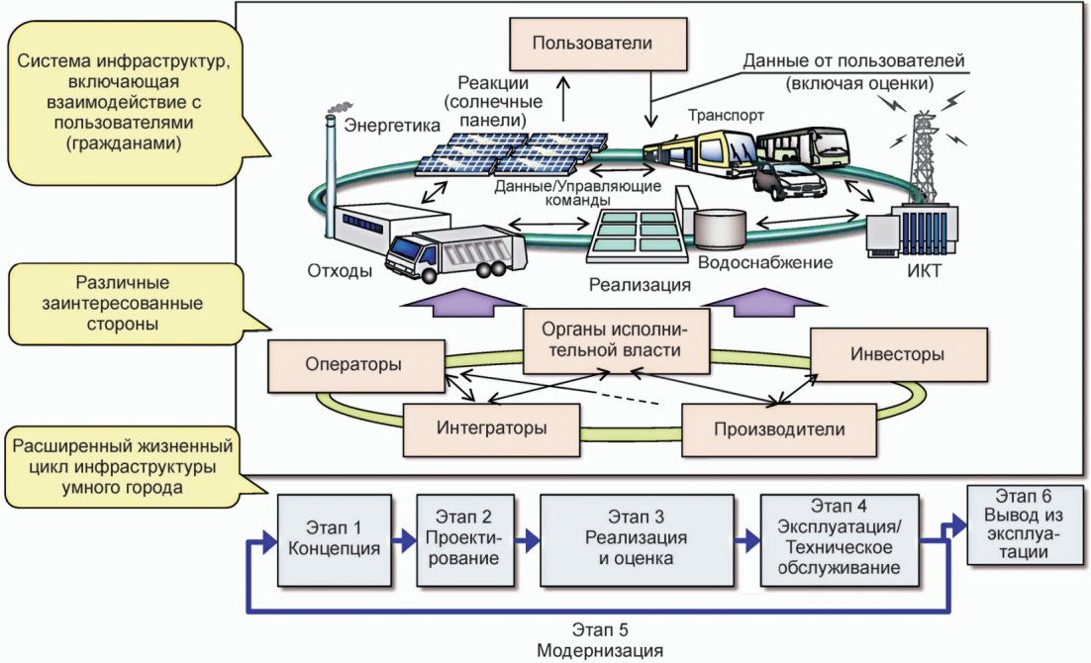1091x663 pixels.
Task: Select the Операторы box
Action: point(353,363)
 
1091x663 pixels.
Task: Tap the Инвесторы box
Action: point(898,354)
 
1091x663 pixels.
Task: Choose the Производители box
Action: point(779,428)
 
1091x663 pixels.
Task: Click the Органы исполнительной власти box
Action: point(601,340)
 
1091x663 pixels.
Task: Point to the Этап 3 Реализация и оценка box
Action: point(642,538)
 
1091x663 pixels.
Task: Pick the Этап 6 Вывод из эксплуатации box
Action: point(1024,525)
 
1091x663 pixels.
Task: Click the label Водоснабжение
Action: point(763,263)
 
